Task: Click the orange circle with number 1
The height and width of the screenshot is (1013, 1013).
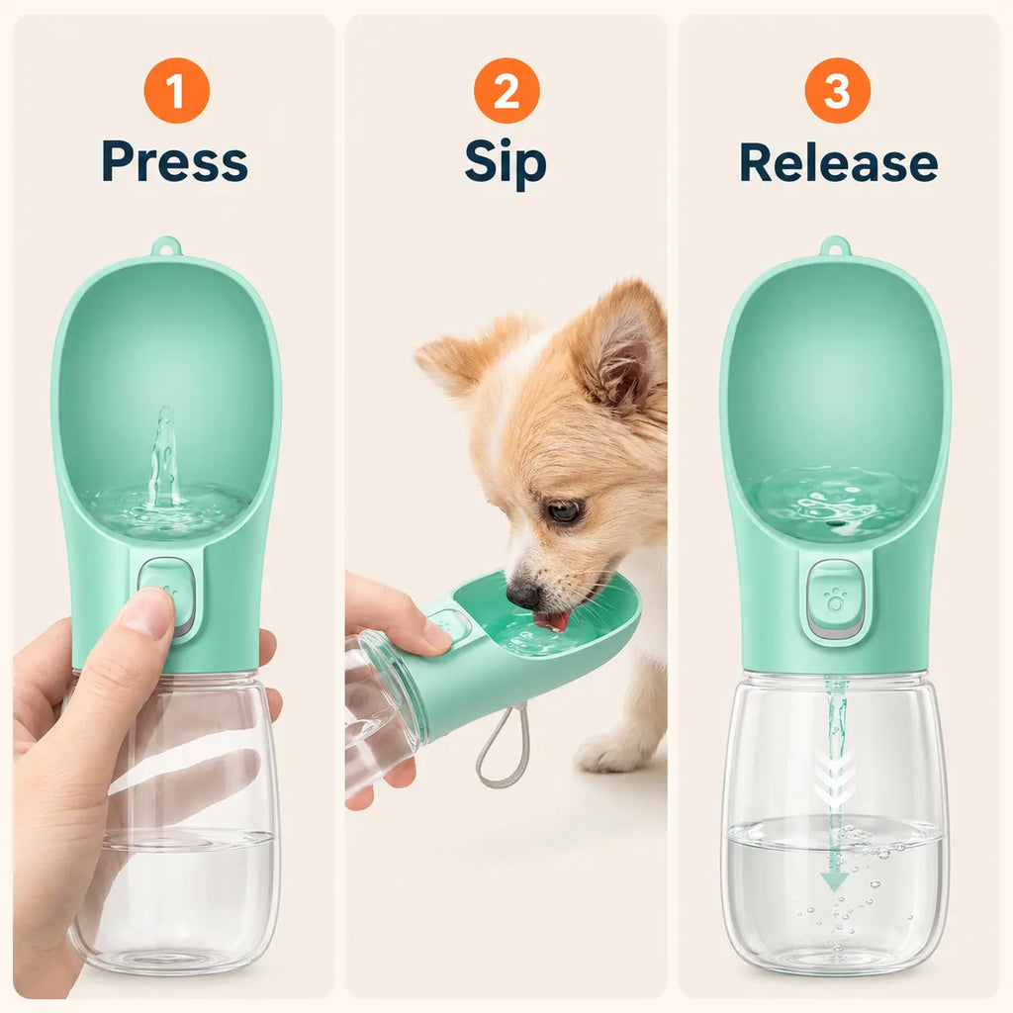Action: [176, 90]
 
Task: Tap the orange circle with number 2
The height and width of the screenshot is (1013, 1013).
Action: [506, 90]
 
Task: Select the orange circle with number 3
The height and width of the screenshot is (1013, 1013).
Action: [837, 90]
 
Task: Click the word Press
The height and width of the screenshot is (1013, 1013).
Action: [174, 161]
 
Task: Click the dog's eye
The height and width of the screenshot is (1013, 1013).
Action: [564, 511]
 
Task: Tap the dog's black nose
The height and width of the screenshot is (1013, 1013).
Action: [523, 594]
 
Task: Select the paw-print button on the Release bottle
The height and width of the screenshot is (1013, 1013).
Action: [835, 599]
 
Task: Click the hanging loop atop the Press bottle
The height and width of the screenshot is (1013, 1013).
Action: [166, 246]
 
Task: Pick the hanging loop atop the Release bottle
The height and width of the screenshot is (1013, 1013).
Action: [835, 246]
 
